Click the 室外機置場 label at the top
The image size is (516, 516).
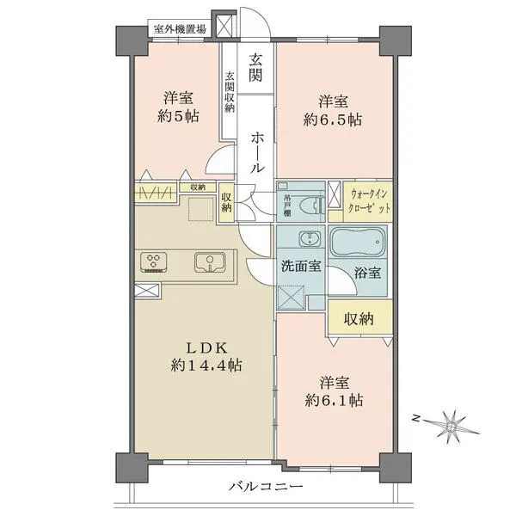coord(179,29)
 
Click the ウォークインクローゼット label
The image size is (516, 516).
coord(372,202)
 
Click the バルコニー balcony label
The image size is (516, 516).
coord(266,487)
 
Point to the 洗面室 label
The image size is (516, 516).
coord(301,266)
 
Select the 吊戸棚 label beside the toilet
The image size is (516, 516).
coord(286,203)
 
